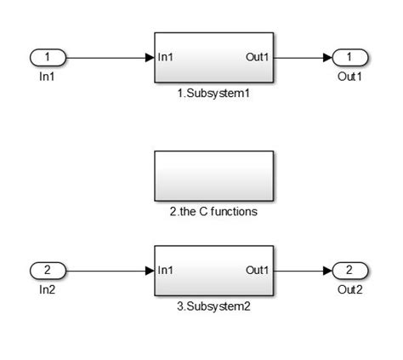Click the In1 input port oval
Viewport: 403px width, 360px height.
(x=48, y=58)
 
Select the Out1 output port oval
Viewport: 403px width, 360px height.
(x=349, y=58)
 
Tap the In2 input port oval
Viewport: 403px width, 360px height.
(x=48, y=270)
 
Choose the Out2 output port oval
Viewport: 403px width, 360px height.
(x=349, y=270)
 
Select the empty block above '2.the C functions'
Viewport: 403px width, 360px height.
(x=213, y=175)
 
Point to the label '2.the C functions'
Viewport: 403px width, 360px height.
(x=213, y=211)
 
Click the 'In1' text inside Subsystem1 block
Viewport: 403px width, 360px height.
(x=167, y=58)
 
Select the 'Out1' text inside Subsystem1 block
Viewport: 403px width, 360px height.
(x=258, y=58)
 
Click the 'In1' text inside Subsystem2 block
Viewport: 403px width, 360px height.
(x=167, y=270)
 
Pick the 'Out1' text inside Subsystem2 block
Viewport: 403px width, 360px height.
(x=258, y=270)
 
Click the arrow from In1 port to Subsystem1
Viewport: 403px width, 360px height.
(x=109, y=58)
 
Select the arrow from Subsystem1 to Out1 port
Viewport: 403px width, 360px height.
(x=302, y=58)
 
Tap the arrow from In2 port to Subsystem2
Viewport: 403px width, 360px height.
(x=109, y=270)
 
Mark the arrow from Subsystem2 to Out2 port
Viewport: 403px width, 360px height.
(x=302, y=270)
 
